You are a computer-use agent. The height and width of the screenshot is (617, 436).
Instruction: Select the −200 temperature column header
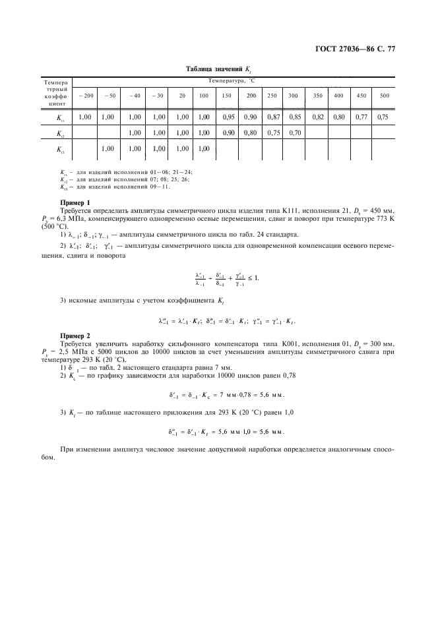(x=86, y=96)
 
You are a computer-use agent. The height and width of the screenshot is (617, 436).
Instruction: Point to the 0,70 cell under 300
(x=294, y=133)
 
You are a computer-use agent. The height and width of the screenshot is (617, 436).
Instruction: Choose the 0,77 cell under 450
(x=361, y=117)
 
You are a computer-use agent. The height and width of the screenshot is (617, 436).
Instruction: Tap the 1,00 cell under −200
(x=85, y=117)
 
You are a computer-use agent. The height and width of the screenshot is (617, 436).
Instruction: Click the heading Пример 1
(x=75, y=202)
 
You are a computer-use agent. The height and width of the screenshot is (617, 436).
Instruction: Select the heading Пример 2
(x=75, y=336)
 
